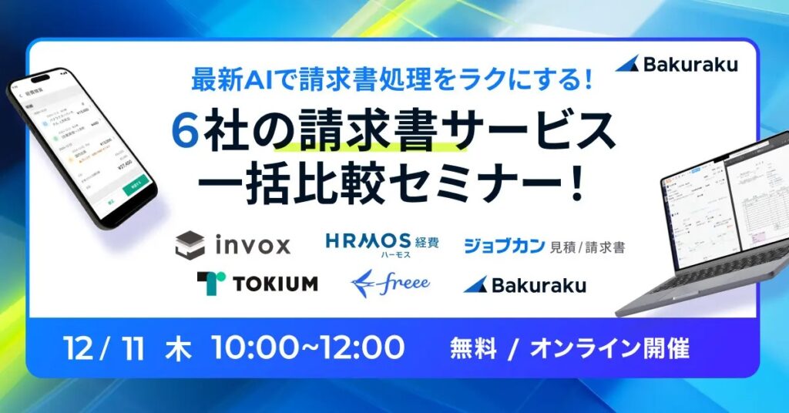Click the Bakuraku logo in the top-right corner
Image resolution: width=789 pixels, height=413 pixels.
tap(676, 64)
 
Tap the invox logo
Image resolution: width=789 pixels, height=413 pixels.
tap(233, 245)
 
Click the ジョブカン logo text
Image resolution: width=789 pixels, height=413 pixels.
tap(504, 246)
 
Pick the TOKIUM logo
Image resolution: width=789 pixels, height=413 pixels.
tap(257, 283)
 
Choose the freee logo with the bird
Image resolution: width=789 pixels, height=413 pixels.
tap(390, 283)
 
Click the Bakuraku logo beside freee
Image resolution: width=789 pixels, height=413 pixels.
tap(525, 284)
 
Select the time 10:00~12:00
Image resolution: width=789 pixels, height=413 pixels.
tap(307, 348)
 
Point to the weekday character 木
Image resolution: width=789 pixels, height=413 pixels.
tap(174, 348)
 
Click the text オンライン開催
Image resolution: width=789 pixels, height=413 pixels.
tap(606, 348)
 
